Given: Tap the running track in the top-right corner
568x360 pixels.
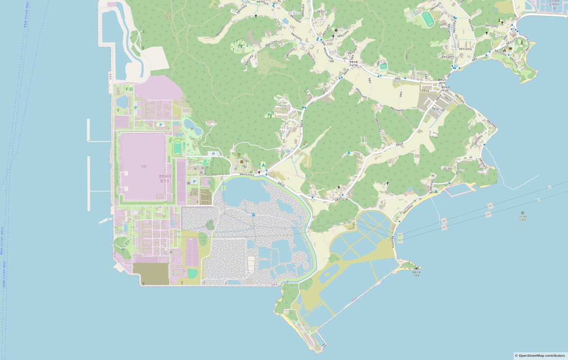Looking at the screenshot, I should [427, 19].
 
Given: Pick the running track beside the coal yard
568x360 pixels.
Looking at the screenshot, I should [177, 148].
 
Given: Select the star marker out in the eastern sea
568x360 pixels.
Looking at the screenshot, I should [522, 213].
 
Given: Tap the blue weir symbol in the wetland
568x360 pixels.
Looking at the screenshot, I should [254, 215].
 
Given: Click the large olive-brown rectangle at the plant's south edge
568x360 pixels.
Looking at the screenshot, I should [151, 274].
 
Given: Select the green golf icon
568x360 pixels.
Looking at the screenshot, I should [270, 114].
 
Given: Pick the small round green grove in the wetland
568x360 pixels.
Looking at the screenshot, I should [210, 225].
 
